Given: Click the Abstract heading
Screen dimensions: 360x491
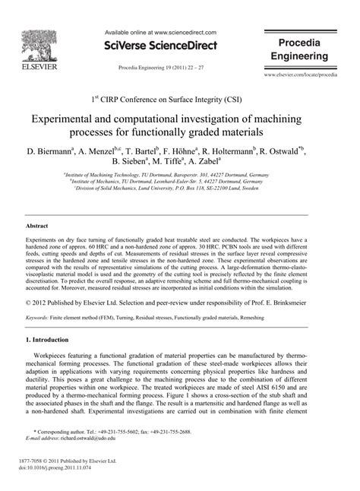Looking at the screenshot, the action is (x=38, y=226).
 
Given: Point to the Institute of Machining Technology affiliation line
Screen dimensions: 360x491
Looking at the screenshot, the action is (x=180, y=174).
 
